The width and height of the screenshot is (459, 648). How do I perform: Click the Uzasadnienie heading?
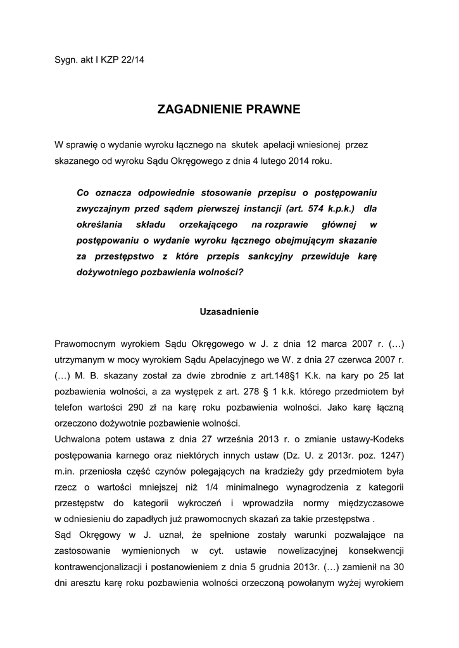tap(229, 311)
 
